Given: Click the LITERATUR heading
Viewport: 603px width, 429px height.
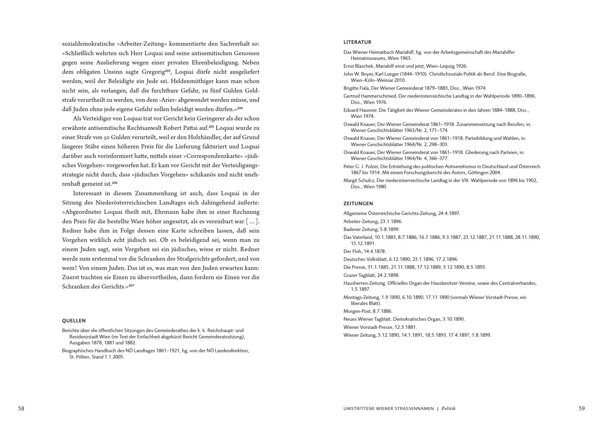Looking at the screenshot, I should (357, 42).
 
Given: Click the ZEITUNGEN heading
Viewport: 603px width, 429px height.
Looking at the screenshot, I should (358, 203).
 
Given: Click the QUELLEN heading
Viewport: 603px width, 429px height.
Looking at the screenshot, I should (74, 321).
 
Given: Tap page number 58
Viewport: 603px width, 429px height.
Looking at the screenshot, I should (21, 409).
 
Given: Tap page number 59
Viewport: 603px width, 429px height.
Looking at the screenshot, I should (582, 409).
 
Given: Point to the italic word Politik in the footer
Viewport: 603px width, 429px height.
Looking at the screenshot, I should (448, 409).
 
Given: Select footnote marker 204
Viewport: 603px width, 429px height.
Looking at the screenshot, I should (240, 108).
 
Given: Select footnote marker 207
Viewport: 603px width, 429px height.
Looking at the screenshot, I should (131, 285).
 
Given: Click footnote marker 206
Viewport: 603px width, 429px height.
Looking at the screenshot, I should (115, 183).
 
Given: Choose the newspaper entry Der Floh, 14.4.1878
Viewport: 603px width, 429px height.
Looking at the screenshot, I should (365, 251).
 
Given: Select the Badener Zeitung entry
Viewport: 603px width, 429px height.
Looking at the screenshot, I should (371, 229).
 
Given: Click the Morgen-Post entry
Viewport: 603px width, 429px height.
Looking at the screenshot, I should (368, 311).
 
